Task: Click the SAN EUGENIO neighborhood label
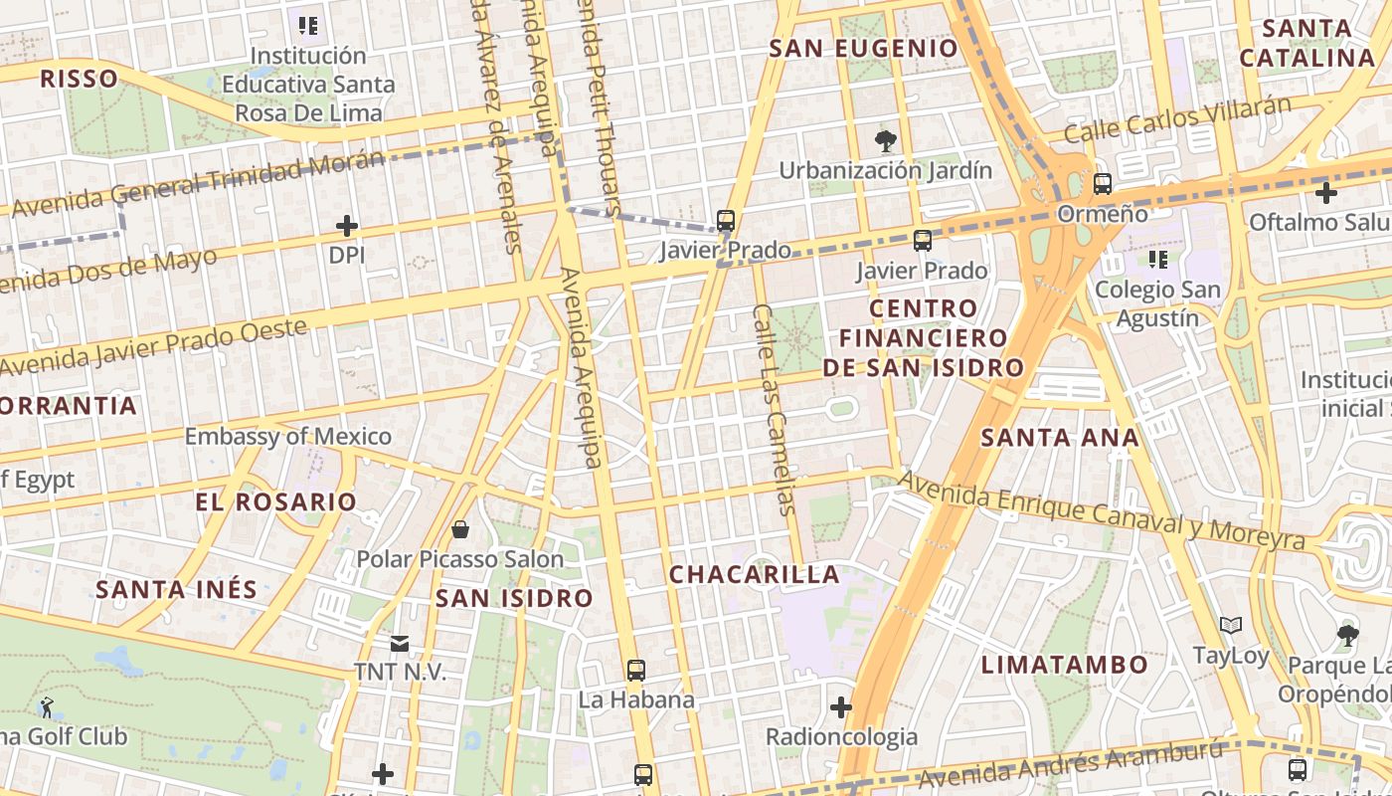[x=863, y=48]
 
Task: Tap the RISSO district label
[x=78, y=79]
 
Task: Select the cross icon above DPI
[x=346, y=227]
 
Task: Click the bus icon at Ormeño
[x=1102, y=184]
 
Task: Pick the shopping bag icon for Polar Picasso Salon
[x=460, y=529]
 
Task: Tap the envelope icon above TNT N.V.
[x=400, y=644]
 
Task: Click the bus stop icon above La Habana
[x=636, y=671]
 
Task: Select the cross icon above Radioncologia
[x=841, y=707]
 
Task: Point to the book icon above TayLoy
[x=1231, y=626]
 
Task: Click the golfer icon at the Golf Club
[x=47, y=707]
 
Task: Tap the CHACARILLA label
[x=754, y=574]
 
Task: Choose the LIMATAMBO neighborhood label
[x=1065, y=665]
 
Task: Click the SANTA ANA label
[x=1060, y=437]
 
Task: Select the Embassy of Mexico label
[x=288, y=436]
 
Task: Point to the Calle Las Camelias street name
[x=776, y=409]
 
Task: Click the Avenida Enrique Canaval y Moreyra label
[x=1101, y=509]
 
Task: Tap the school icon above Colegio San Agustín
[x=1157, y=260]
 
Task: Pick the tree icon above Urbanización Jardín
[x=884, y=140]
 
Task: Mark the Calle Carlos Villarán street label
[x=1177, y=119]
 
